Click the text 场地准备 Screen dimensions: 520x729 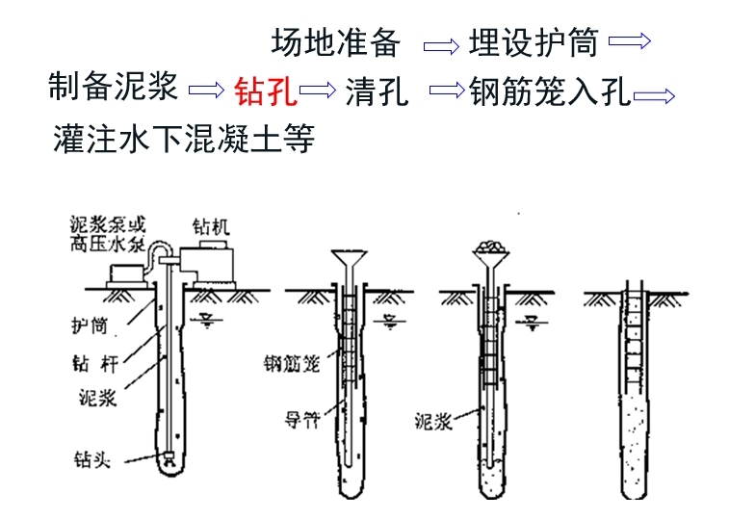[335, 42]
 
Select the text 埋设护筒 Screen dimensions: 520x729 [534, 42]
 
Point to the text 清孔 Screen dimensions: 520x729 [377, 91]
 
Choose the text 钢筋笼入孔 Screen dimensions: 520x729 [550, 91]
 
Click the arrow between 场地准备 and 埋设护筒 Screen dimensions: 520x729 [442, 44]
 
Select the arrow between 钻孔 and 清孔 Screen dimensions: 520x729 [318, 91]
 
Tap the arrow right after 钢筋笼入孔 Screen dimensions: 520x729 [655, 94]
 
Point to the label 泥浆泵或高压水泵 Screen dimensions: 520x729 [107, 235]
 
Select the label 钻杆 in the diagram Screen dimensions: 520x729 [93, 364]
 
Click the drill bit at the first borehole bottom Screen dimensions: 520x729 [169, 460]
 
